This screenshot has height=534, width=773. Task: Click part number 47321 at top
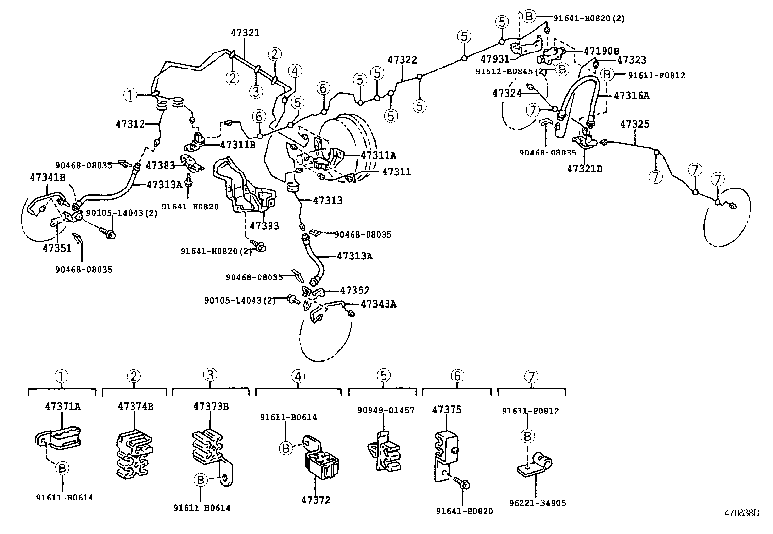245,33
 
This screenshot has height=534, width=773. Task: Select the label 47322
402,60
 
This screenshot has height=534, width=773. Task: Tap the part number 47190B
601,51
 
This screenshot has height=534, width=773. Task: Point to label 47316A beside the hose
631,96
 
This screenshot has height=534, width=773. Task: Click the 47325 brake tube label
635,124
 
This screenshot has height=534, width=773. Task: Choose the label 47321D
585,169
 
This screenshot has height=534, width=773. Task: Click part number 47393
264,225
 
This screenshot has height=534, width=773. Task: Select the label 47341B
48,177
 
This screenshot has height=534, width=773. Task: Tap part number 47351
57,247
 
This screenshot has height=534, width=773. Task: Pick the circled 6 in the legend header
457,376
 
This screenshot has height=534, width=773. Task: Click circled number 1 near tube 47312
130,95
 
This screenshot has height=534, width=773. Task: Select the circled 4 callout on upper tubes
294,71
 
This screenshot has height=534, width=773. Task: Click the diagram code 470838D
741,513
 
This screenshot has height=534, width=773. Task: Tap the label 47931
495,59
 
